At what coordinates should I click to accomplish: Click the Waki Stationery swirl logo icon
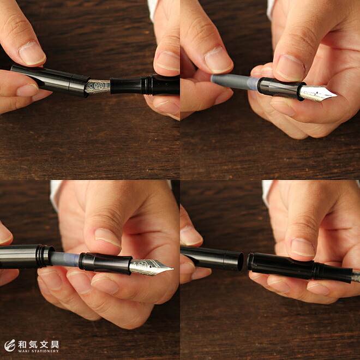click(10, 345)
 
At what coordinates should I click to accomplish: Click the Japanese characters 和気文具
click(38, 344)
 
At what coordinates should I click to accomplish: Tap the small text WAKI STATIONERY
click(38, 351)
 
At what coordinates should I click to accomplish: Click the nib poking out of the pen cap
click(98, 87)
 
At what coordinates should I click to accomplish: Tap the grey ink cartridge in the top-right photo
click(235, 82)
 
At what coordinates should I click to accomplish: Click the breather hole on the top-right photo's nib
click(317, 93)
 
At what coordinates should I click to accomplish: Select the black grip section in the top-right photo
click(280, 88)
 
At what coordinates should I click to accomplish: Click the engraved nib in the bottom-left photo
click(151, 267)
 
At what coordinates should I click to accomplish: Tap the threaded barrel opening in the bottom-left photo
click(45, 256)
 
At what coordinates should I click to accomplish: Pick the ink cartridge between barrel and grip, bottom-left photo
click(65, 259)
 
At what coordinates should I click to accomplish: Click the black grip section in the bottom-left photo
click(105, 263)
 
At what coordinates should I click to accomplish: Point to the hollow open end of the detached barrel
click(240, 261)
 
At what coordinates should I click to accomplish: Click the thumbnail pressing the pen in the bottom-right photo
click(302, 247)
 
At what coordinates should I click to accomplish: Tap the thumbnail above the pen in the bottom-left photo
click(107, 238)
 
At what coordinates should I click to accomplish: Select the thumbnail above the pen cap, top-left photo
click(32, 53)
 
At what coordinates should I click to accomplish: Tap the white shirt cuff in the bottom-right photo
click(266, 193)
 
